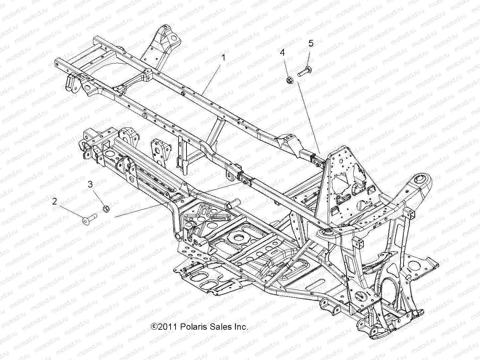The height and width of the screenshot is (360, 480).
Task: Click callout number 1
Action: pyautogui.click(x=223, y=58)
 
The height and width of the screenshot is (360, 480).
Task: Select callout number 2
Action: pyautogui.click(x=55, y=201)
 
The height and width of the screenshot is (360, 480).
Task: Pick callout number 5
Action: pyautogui.click(x=311, y=43)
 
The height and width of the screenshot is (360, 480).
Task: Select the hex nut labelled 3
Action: pyautogui.click(x=105, y=208)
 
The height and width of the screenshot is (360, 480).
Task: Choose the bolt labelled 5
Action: pyautogui.click(x=304, y=72)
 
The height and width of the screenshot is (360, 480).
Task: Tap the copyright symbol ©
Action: pyautogui.click(x=154, y=327)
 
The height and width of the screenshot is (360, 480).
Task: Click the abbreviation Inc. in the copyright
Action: pyautogui.click(x=240, y=327)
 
